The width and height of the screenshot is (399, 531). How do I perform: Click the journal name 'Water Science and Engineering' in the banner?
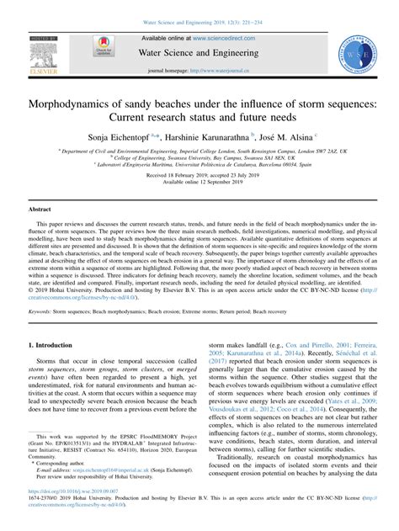(199, 53)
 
